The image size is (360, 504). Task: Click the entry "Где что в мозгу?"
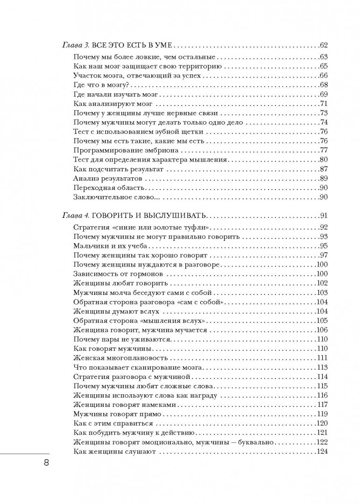click(x=101, y=84)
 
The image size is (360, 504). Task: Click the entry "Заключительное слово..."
click(x=110, y=197)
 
